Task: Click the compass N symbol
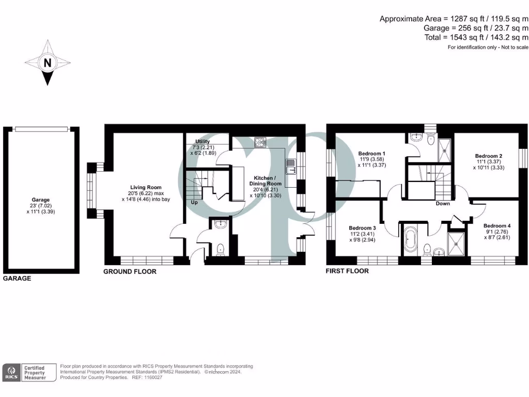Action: point(48,64)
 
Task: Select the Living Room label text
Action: point(145,188)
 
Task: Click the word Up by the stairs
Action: point(194,202)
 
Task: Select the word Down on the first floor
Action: point(443,204)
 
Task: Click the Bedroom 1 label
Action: point(371,154)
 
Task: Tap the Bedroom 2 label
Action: point(489,156)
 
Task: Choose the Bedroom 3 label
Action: point(362,228)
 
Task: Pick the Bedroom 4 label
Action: point(497,226)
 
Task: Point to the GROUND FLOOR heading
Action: point(130,271)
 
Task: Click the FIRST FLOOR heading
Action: point(347,271)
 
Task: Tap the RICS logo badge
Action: point(11,373)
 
